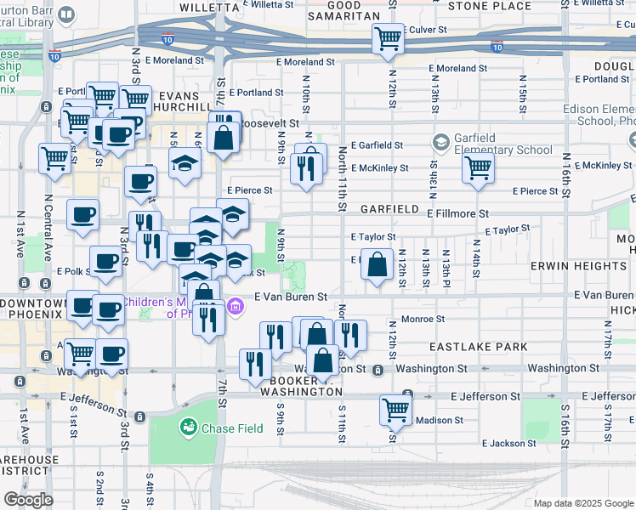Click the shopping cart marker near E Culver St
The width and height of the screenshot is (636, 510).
point(388,38)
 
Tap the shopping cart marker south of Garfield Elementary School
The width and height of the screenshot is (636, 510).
point(479,167)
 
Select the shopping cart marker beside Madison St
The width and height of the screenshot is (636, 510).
point(396,411)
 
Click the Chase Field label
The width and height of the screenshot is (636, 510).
point(232,428)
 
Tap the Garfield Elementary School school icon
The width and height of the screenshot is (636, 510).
point(441,142)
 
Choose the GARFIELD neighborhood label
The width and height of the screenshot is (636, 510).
point(389,209)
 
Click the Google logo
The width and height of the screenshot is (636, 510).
point(27,500)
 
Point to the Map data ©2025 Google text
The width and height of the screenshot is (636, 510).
point(582,503)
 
